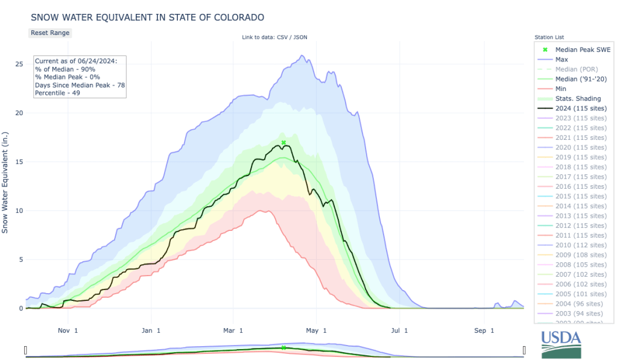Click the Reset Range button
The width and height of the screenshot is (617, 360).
click(50, 33)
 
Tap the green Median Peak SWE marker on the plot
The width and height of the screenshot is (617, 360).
click(283, 142)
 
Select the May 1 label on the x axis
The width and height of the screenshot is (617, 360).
click(316, 330)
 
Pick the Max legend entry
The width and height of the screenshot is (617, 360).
click(562, 60)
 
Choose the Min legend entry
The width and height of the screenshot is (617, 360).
click(561, 89)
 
